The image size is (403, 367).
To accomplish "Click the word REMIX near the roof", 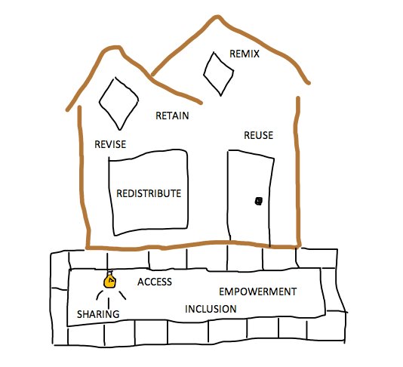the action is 245,54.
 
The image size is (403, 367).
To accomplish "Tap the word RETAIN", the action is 172,116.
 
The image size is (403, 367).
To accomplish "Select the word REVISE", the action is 110,144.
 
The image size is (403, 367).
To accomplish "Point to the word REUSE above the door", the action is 258,135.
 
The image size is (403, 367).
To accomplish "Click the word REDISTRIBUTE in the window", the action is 149,193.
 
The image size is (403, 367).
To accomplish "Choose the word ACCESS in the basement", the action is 155,282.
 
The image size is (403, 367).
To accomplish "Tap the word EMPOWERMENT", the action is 258,291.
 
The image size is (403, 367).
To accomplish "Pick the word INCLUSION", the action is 211,309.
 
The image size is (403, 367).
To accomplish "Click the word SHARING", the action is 98,314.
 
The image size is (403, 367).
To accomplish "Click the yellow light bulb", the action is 109,281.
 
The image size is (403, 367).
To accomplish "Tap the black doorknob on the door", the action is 259,201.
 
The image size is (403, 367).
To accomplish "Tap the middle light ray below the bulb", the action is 109,303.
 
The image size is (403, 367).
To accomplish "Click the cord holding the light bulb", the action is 107,262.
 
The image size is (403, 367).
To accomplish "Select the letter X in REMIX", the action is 256,54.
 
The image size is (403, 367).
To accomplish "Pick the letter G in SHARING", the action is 116,314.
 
